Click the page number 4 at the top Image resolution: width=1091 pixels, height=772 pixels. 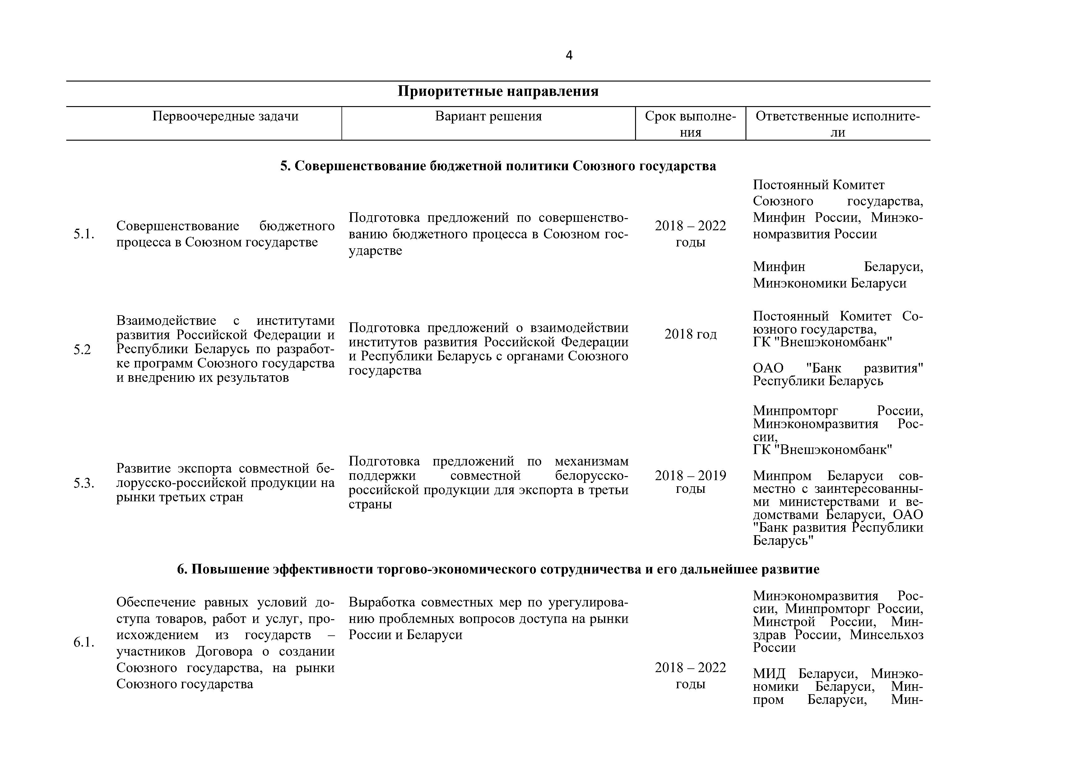click(569, 56)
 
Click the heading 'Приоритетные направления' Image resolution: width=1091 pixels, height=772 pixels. click(498, 91)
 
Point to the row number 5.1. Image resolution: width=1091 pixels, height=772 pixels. click(84, 234)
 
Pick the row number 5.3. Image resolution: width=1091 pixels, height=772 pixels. click(84, 484)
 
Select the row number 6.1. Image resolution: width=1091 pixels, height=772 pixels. click(84, 643)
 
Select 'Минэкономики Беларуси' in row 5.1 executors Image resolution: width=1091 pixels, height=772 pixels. click(829, 283)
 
